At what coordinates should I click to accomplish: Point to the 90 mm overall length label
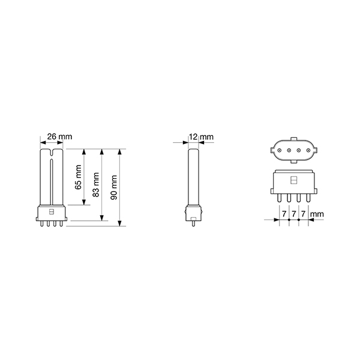(115, 187)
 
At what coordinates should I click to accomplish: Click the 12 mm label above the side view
(200, 137)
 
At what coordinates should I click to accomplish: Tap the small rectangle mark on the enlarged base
(294, 180)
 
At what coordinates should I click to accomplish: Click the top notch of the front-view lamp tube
(51, 154)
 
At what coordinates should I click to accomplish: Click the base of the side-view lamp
(193, 212)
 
